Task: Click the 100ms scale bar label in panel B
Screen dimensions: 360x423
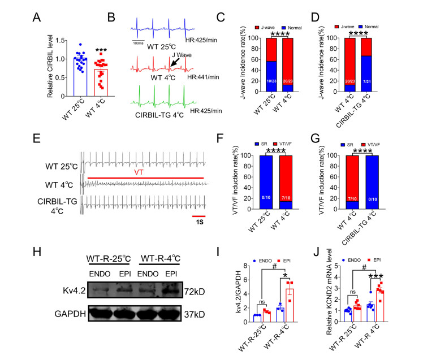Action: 140,42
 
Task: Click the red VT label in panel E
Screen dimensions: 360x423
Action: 148,172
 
